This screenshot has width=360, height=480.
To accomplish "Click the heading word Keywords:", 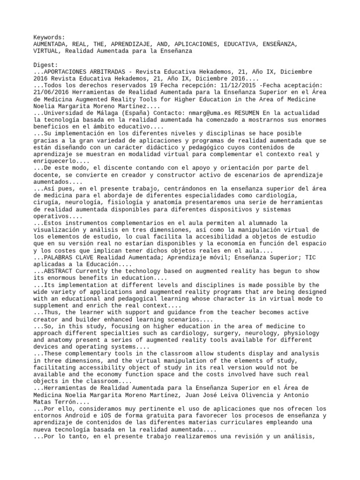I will [x=49, y=37].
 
